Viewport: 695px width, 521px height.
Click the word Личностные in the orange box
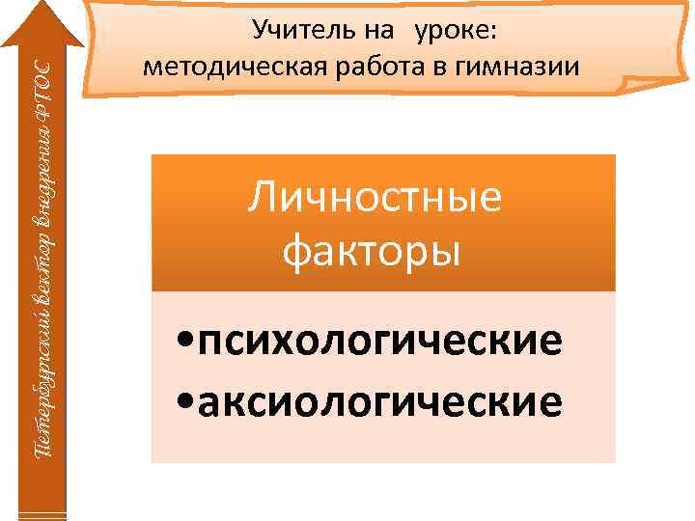click(x=375, y=199)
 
